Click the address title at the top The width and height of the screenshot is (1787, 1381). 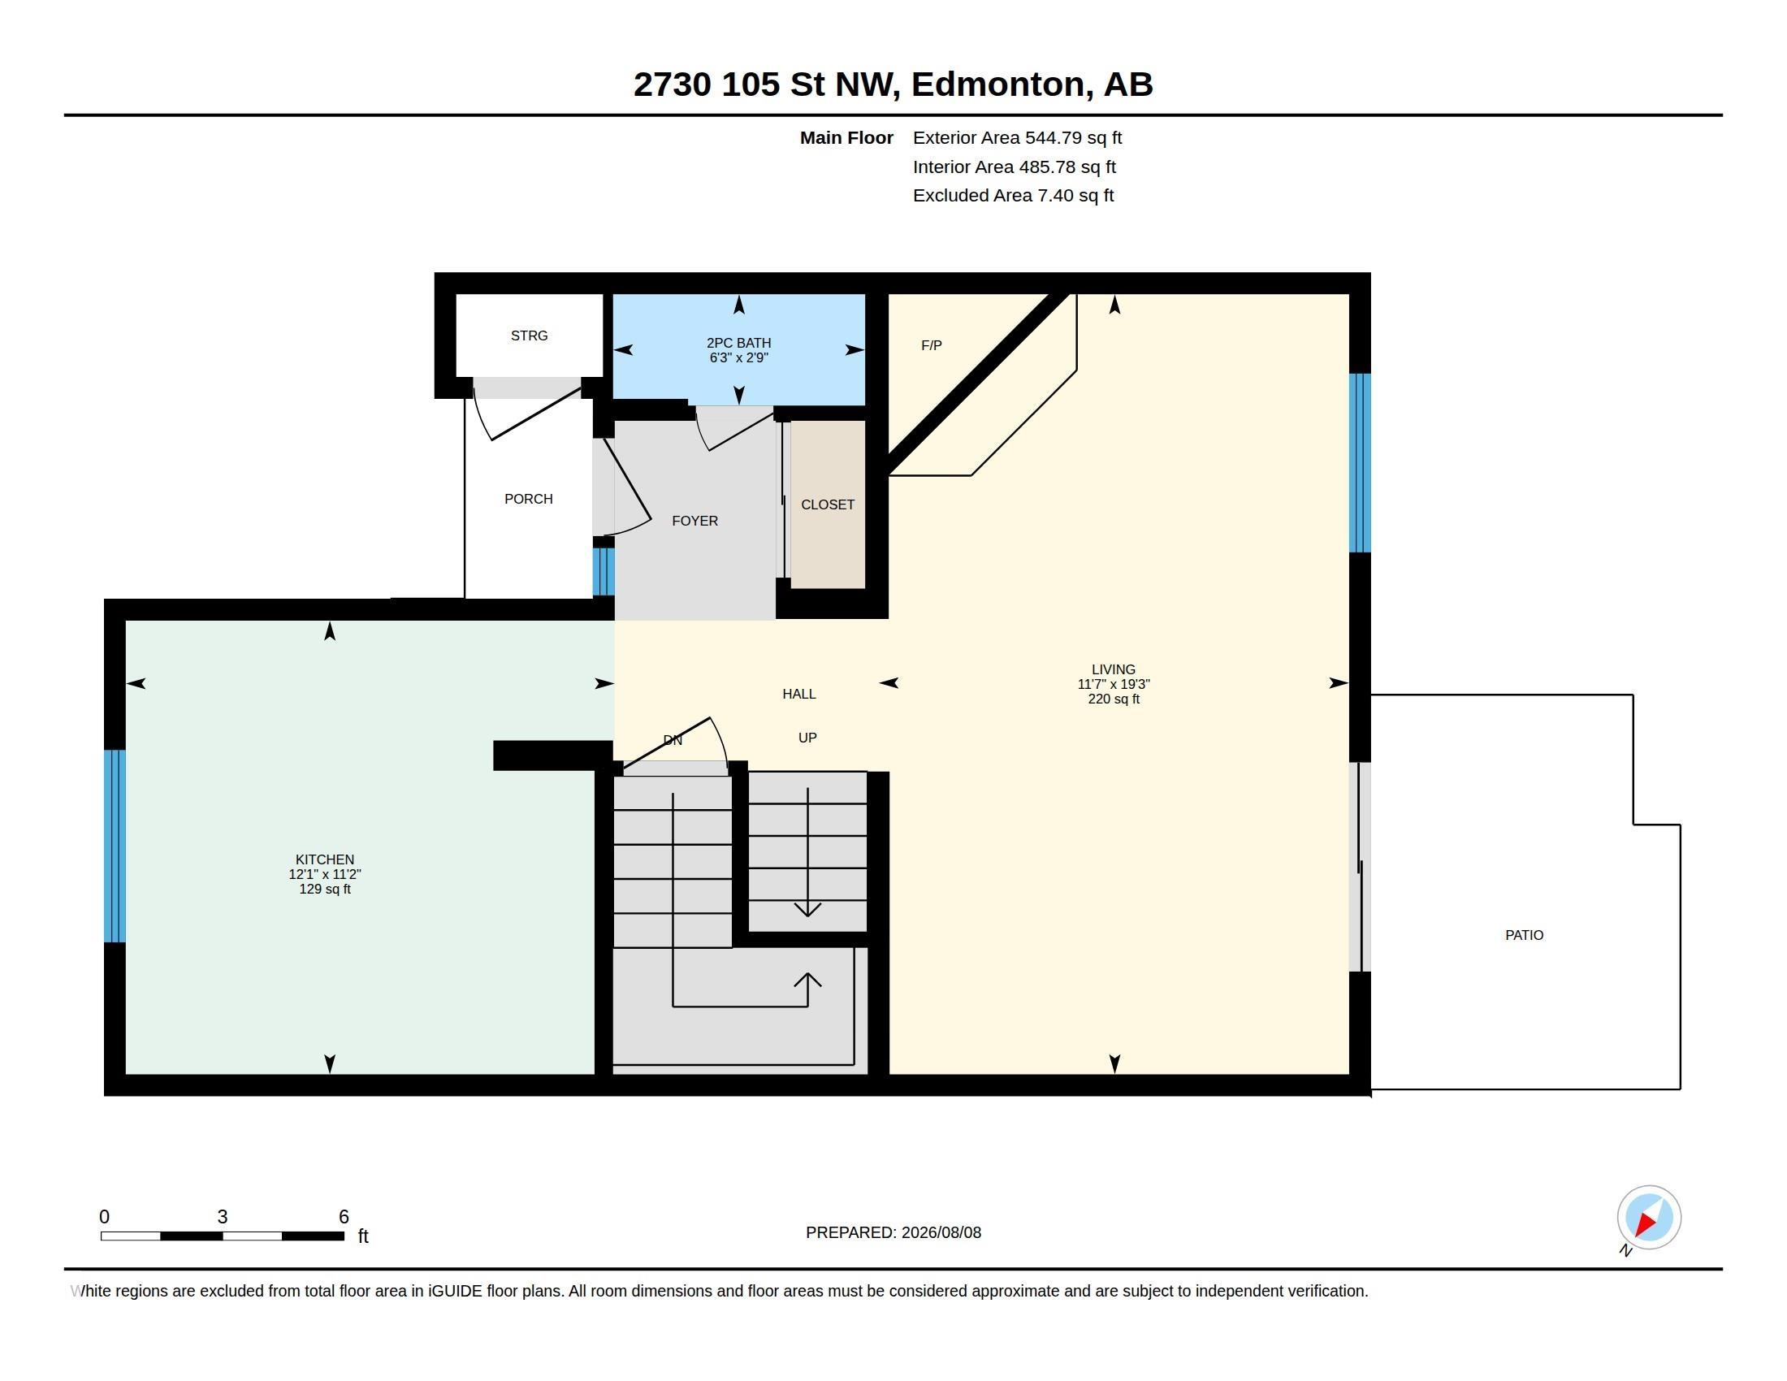point(893,84)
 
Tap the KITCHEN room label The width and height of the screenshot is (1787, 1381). point(325,859)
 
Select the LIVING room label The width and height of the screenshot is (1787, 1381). point(1114,669)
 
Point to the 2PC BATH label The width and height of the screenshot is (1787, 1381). point(739,343)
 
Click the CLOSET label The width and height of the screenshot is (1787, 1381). point(827,504)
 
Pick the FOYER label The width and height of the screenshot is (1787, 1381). point(694,522)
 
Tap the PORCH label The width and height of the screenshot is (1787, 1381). point(529,499)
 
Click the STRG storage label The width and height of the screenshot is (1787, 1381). point(530,336)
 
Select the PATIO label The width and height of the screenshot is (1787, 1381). point(1525,935)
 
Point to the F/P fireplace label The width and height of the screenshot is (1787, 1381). point(931,345)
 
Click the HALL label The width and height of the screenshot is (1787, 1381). point(798,694)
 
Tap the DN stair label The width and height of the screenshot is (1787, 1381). point(673,740)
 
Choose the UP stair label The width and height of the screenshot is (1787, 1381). point(807,738)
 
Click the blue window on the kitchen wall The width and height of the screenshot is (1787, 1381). point(115,846)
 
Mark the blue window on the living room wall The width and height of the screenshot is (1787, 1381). point(1359,463)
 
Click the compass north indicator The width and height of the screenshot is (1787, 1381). point(1648,1219)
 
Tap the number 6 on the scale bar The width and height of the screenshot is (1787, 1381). point(344,1217)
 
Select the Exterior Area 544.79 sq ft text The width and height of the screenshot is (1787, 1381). point(1017,138)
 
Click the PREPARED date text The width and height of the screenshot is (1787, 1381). point(893,1232)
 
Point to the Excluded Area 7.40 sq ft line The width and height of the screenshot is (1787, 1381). point(1013,196)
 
